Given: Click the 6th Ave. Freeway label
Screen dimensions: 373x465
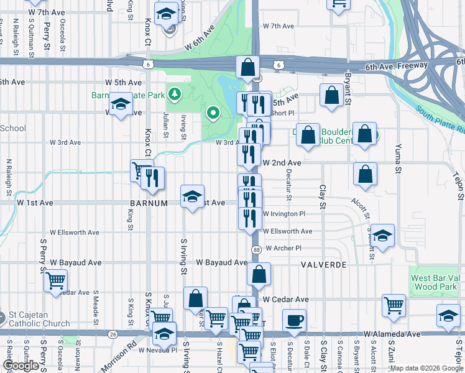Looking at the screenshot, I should tap(396, 65).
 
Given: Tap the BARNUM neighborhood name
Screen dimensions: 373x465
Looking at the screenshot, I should tap(149, 203).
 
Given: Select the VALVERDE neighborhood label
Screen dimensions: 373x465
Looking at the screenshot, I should tap(323, 264).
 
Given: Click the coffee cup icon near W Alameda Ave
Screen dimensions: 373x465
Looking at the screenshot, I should tap(295, 320).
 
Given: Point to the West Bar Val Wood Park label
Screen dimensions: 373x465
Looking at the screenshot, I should tap(435, 282).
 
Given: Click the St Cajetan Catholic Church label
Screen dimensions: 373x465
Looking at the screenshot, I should tap(39, 320).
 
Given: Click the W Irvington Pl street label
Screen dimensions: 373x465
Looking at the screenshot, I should tap(284, 213).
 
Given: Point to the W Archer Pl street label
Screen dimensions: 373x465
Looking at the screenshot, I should tap(283, 248).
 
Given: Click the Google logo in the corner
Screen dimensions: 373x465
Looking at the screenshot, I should tap(21, 366).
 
